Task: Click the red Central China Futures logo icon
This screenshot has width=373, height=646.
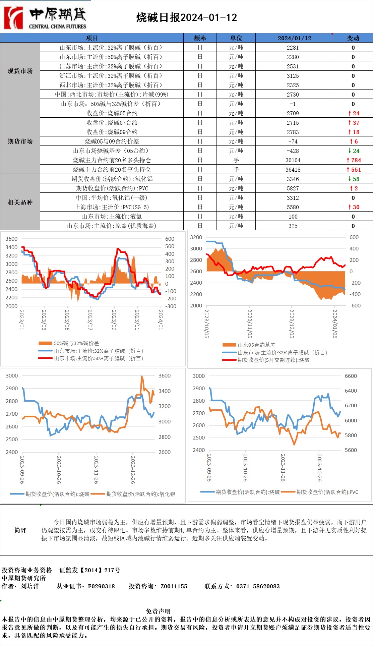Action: click(x=13, y=18)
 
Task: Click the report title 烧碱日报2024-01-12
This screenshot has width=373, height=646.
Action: click(x=187, y=17)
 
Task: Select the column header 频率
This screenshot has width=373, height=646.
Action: click(x=200, y=38)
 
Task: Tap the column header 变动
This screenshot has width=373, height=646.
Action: click(x=353, y=38)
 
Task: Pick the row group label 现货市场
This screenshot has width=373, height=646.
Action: click(x=20, y=71)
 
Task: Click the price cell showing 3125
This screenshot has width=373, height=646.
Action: click(x=293, y=76)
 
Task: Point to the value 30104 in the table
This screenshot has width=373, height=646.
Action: click(x=293, y=160)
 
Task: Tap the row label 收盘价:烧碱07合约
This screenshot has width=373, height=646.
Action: click(x=112, y=123)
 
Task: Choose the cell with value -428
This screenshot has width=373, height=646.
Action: click(x=293, y=151)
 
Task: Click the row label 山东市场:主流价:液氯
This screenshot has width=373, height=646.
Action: click(x=112, y=217)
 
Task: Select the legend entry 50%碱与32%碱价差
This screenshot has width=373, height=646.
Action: click(x=76, y=343)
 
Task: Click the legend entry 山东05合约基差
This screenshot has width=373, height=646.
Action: click(x=256, y=345)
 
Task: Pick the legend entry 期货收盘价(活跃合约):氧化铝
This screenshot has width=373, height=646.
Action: click(x=140, y=494)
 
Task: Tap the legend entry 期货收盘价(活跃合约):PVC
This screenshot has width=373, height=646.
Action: click(x=327, y=492)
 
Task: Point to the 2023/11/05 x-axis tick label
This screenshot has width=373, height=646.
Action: click(x=249, y=323)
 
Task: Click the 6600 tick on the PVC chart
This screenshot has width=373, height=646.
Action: click(x=351, y=376)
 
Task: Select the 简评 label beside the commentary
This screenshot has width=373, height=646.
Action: click(x=20, y=530)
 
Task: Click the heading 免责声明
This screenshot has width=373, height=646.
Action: click(x=158, y=611)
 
